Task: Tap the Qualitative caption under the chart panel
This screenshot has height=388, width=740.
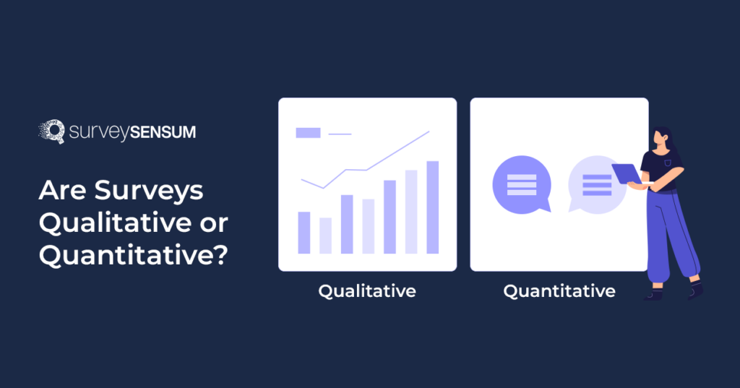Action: [x=367, y=291]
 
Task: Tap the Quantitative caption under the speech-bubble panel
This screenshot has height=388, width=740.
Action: [x=559, y=291]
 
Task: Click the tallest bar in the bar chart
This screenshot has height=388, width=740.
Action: [x=433, y=207]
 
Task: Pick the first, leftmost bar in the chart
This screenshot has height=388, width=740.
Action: [x=304, y=233]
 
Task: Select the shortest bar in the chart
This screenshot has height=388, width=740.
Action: [x=325, y=236]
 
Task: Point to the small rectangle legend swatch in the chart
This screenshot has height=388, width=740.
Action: [x=308, y=133]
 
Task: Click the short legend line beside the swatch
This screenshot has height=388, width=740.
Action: [x=340, y=134]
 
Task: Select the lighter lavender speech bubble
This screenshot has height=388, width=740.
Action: [x=596, y=184]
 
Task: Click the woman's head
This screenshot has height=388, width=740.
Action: [x=662, y=138]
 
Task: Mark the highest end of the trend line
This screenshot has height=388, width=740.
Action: [x=429, y=132]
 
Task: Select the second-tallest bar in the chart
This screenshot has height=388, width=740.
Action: [x=411, y=212]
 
